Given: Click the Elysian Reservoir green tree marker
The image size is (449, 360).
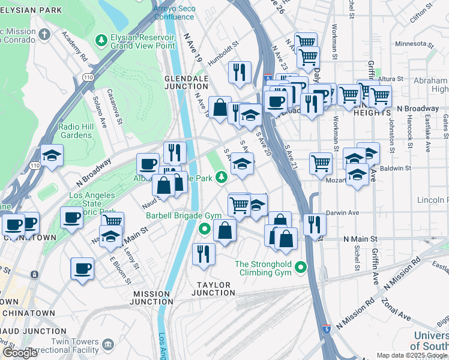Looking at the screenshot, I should [101, 40].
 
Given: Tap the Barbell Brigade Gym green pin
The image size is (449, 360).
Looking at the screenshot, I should [205, 228].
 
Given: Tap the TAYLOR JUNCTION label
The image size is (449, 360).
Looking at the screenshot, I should [213, 289].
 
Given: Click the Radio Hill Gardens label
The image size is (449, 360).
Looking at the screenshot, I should [75, 131].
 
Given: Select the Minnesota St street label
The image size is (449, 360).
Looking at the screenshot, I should [414, 44].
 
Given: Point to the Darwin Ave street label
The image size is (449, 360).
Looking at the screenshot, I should [342, 212].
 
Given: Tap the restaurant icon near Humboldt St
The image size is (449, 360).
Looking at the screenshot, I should [240, 72].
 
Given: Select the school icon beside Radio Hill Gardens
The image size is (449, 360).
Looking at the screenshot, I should [52, 155].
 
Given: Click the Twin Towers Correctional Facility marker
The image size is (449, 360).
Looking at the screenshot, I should [108, 344].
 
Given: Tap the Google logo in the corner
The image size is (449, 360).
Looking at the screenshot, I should [20, 353].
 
